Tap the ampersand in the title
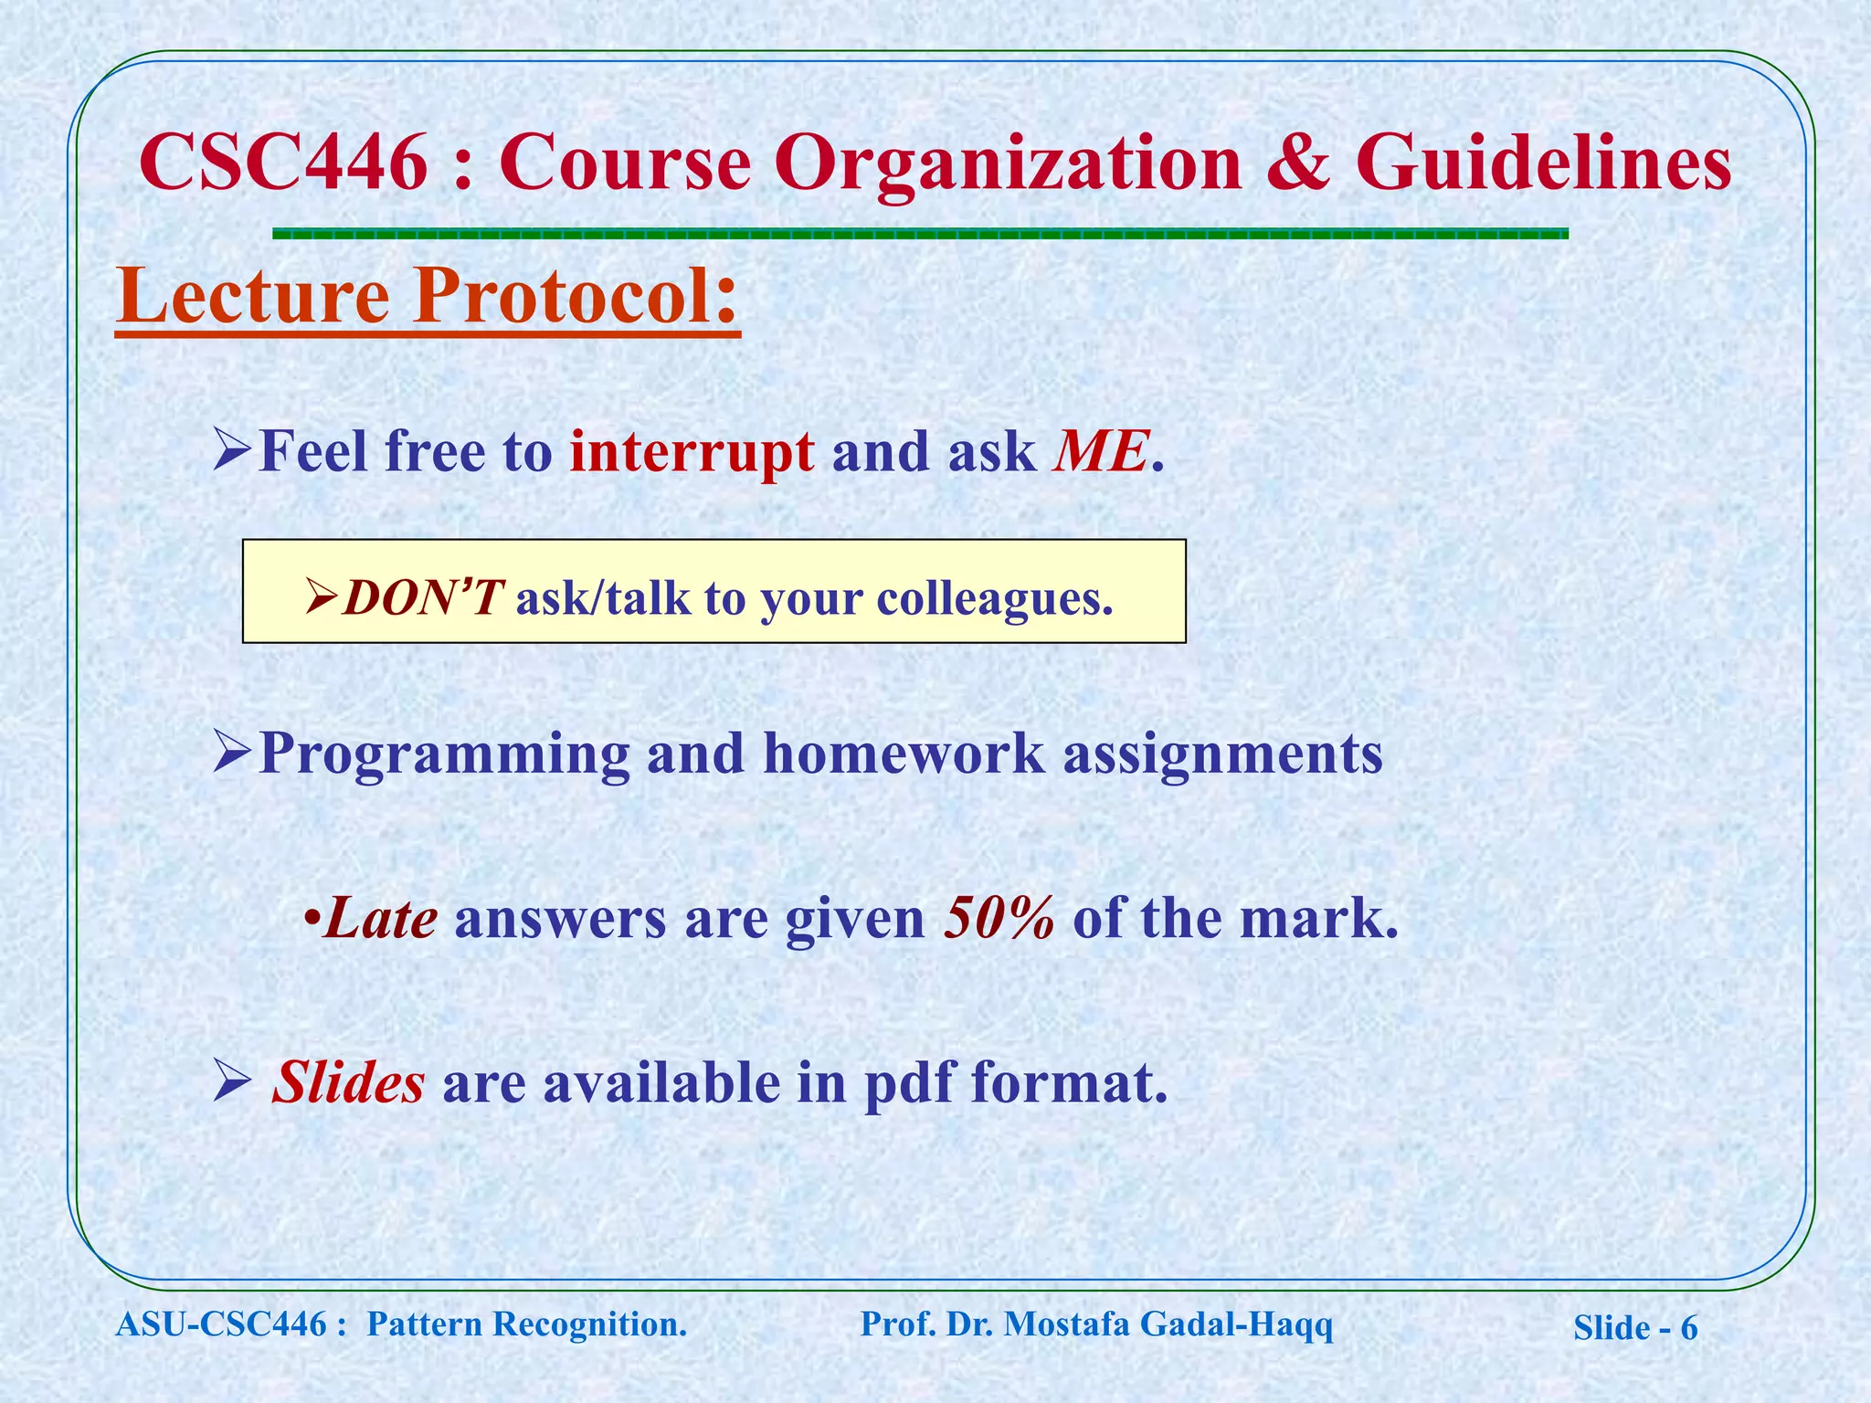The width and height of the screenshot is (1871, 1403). (1297, 163)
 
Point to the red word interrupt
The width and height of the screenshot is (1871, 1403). (692, 451)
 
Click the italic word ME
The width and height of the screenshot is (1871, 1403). (1100, 451)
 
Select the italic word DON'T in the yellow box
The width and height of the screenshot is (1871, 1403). (420, 598)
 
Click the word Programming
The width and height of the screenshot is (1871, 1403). (444, 754)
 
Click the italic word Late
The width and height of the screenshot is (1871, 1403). (380, 918)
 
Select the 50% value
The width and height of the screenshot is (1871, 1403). (999, 918)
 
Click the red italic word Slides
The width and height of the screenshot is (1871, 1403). (348, 1082)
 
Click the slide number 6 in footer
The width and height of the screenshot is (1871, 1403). (1688, 1328)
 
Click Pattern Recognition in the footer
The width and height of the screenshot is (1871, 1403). (526, 1324)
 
